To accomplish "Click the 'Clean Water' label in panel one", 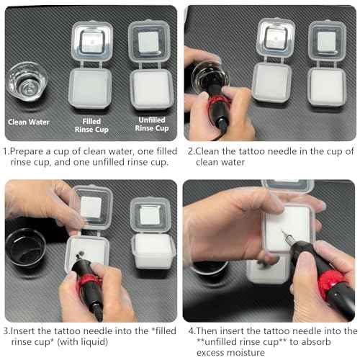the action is tap(29, 122).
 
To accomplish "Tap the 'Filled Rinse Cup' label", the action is tap(91, 125).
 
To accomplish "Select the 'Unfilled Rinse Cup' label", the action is tap(152, 124).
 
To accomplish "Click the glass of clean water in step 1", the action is tap(27, 81).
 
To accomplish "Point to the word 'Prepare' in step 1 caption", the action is tap(27, 152).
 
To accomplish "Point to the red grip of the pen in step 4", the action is tap(333, 284).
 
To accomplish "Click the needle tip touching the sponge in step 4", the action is tap(283, 232).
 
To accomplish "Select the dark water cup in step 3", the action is tap(26, 248).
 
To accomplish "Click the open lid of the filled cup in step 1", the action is tap(92, 41).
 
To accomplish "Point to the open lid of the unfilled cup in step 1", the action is tap(149, 41).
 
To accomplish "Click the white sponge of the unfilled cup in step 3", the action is tap(153, 250).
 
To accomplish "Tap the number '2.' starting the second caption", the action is tap(192, 152).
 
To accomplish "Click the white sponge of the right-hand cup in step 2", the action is tap(327, 86).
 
